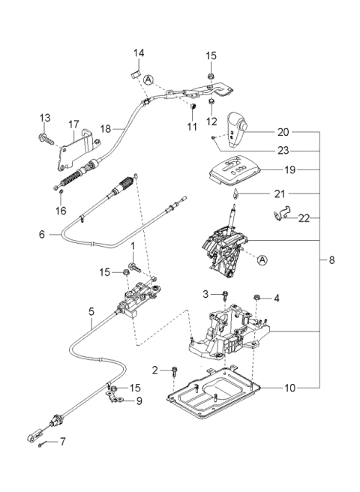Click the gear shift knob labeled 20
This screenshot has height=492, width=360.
coord(237,129)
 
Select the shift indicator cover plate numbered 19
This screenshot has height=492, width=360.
coord(235,172)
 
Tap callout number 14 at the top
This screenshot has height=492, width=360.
coord(138,53)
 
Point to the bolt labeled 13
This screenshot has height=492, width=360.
coord(46,138)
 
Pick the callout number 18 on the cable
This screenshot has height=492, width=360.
coord(106,129)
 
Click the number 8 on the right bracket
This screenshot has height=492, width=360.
coord(331,260)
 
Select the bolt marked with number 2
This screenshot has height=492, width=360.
coord(175,373)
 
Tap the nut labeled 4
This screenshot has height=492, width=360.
coord(256,296)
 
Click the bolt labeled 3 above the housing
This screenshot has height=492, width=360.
coord(225,294)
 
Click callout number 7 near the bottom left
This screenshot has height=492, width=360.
coord(63,442)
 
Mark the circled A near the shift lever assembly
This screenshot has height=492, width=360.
coord(262,259)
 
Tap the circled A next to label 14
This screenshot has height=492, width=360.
coord(148,80)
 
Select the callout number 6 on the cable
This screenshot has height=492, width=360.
coord(42,235)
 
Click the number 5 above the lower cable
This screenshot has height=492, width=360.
coord(91,311)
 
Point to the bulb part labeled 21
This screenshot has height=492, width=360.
coord(235,194)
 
